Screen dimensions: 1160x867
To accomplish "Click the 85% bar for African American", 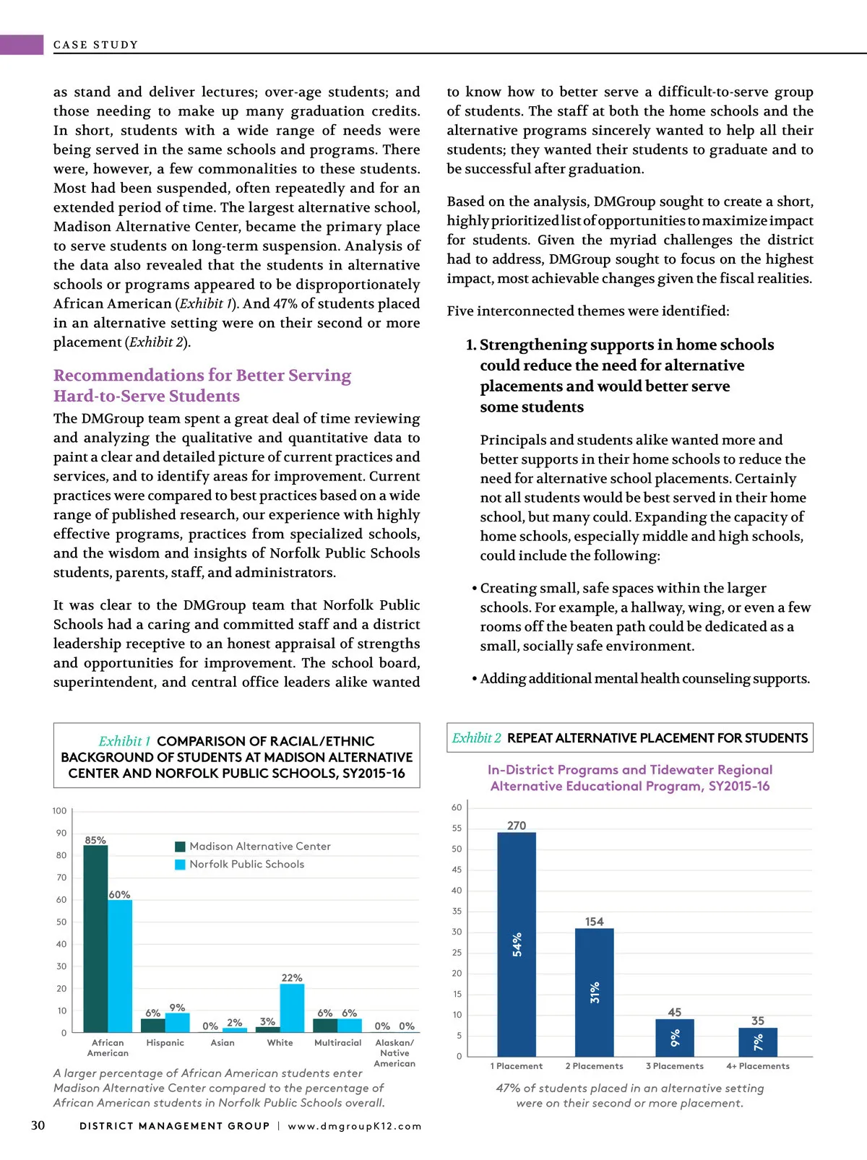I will pyautogui.click(x=95, y=939).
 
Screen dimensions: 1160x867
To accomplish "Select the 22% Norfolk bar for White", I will pyautogui.click(x=292, y=1008).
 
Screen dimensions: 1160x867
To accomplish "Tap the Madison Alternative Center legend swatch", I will pyautogui.click(x=181, y=847).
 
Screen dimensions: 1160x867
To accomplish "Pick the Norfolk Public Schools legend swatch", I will pyautogui.click(x=181, y=865).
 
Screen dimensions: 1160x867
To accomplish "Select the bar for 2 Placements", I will pyautogui.click(x=594, y=992).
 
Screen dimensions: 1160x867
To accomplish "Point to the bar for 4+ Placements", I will pyautogui.click(x=758, y=1042).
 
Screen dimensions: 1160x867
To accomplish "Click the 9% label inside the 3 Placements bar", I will pyautogui.click(x=675, y=1039).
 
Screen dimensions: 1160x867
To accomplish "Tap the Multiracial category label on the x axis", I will pyautogui.click(x=337, y=1043).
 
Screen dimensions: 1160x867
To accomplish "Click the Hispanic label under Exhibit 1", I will pyautogui.click(x=165, y=1043).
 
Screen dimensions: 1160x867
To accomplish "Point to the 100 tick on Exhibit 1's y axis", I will pyautogui.click(x=59, y=811).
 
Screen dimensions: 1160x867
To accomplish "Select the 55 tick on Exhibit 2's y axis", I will pyautogui.click(x=457, y=828).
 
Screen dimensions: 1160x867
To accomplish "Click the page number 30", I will pyautogui.click(x=38, y=1125).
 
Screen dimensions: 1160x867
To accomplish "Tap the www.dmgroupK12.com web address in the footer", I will pyautogui.click(x=355, y=1126).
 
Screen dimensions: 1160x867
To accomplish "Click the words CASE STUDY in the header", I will pyautogui.click(x=95, y=45).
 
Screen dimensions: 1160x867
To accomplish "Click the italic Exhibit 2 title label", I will pyautogui.click(x=476, y=738).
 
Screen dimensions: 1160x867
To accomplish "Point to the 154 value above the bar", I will pyautogui.click(x=594, y=922).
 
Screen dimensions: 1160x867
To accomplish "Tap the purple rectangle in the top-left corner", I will pyautogui.click(x=22, y=45).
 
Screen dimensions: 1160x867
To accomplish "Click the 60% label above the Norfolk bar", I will pyautogui.click(x=119, y=895).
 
